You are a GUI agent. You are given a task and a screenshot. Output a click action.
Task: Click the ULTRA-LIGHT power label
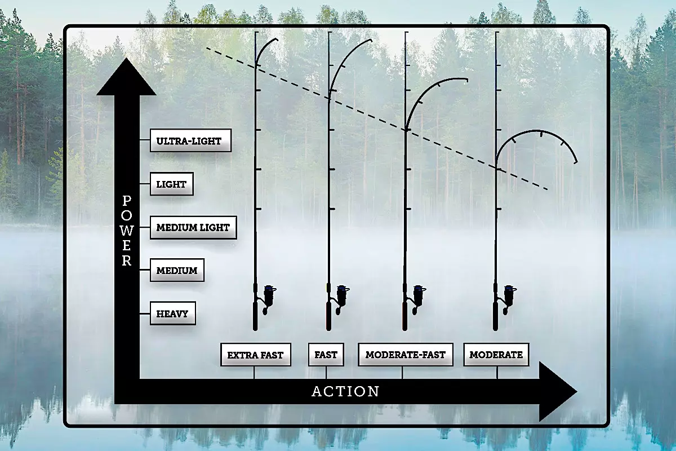(191, 140)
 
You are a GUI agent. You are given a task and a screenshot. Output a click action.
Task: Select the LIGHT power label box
(172, 184)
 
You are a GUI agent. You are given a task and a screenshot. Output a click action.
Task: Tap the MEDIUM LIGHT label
(193, 227)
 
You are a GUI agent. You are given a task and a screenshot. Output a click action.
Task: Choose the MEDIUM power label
(177, 271)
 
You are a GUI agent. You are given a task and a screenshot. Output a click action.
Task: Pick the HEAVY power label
(173, 313)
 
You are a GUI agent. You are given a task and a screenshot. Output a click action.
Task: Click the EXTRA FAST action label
(256, 355)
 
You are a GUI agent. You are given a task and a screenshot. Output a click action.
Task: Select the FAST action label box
(326, 355)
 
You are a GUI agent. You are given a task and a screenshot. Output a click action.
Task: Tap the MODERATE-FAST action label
(406, 355)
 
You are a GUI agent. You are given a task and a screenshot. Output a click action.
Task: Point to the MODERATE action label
(496, 355)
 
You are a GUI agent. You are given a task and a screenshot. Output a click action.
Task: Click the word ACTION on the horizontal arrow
(345, 391)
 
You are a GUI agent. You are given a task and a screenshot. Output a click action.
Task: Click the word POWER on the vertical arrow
(127, 231)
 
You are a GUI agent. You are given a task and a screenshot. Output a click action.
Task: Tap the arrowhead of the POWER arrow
(126, 77)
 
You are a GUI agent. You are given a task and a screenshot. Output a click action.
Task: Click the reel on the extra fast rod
(268, 299)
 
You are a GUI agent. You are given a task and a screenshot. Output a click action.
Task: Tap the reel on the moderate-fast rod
(417, 299)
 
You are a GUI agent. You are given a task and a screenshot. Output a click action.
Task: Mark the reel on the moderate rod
(508, 299)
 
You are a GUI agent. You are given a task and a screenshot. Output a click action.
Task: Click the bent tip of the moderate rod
(536, 131)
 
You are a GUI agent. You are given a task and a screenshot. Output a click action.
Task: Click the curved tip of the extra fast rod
(262, 47)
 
